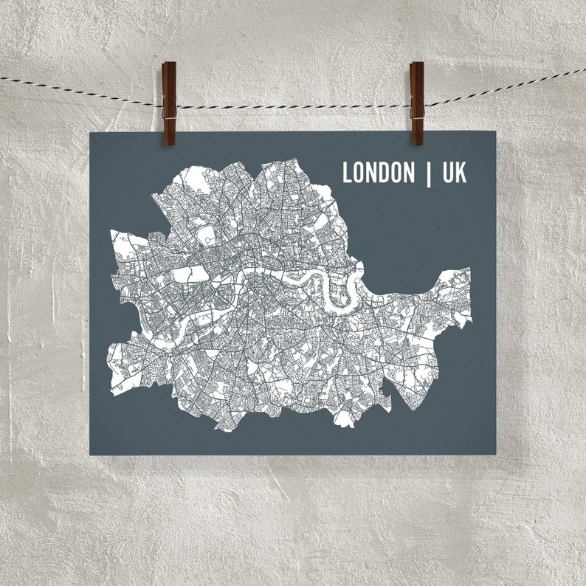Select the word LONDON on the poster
coord(379,173)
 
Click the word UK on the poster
coord(455,173)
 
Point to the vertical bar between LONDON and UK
coord(429,173)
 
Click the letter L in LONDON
coord(348,173)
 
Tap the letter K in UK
coord(461,173)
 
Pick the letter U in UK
coord(448,173)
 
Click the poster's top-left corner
coord(91,134)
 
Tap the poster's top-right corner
coord(495,133)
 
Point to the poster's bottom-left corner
coord(91,454)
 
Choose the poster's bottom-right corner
coord(496,454)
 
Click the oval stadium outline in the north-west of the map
coord(208,236)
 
